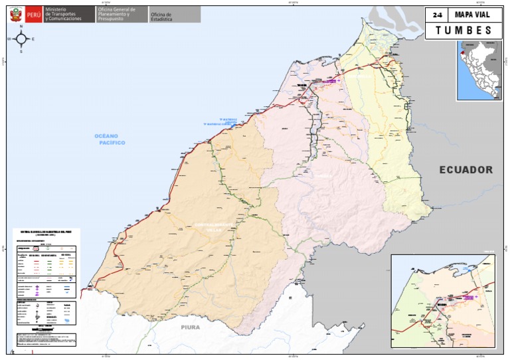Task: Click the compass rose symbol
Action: click(21, 39)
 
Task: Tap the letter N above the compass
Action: click(21, 27)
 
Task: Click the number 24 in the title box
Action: click(436, 15)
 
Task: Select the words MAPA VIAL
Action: click(472, 15)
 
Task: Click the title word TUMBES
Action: click(464, 31)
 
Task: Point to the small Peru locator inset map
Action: click(478, 70)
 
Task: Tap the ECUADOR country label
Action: click(466, 170)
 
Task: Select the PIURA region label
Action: click(190, 327)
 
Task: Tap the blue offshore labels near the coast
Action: click(222, 122)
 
